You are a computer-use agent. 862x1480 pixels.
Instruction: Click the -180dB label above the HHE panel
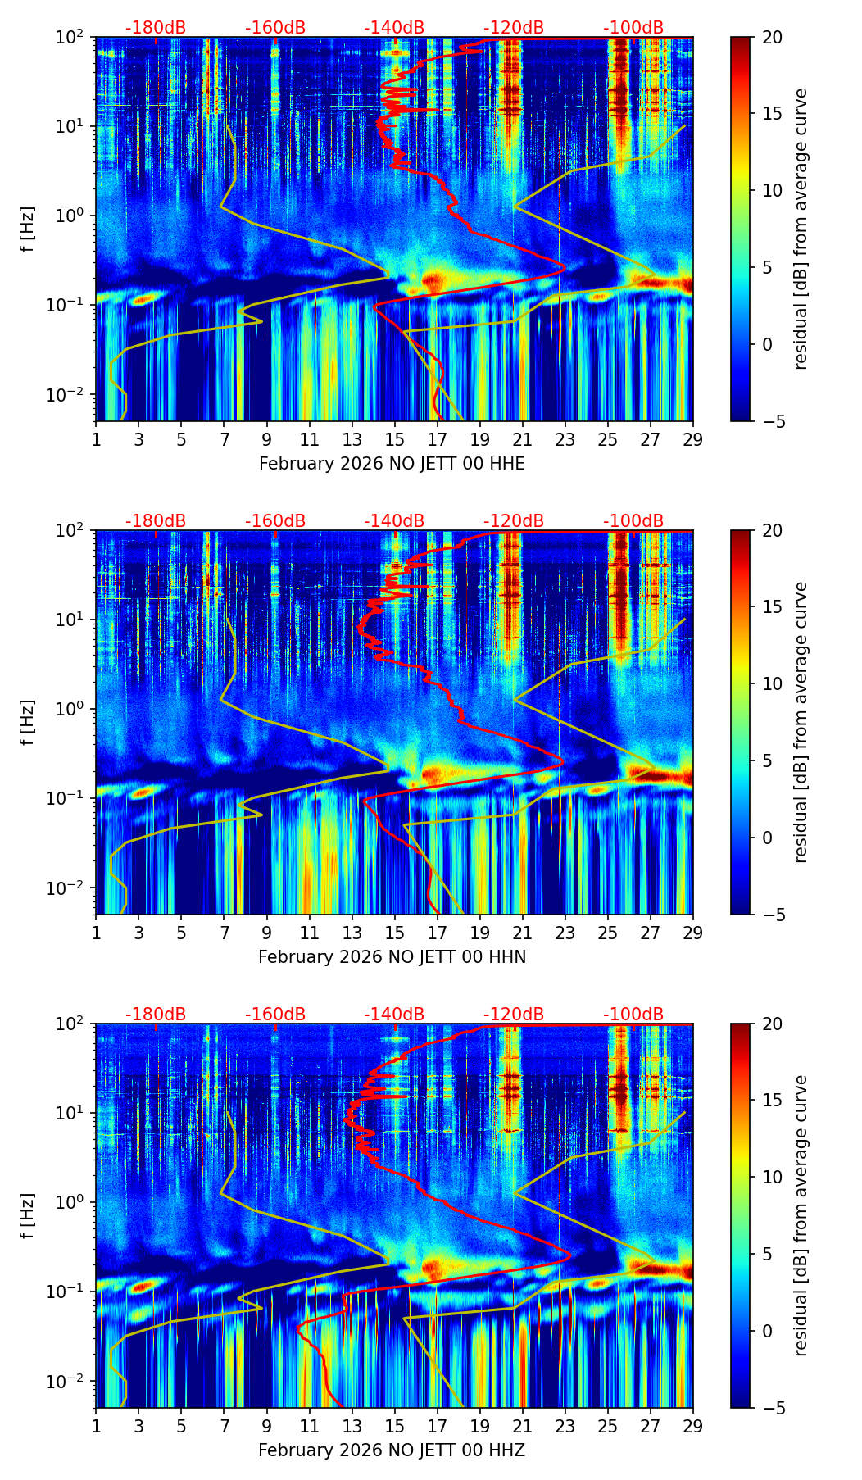tap(156, 28)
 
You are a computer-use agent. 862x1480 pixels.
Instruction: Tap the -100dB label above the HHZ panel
tap(633, 1015)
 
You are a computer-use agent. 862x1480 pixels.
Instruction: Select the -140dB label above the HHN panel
tap(394, 521)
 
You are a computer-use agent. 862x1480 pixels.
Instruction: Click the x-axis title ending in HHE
tap(392, 464)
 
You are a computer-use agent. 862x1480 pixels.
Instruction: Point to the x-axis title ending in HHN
tap(392, 957)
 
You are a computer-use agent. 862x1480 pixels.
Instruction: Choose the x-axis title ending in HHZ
tap(392, 1450)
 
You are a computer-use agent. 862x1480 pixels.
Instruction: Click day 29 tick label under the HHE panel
tap(693, 439)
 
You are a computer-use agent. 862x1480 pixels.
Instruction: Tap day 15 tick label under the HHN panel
tap(395, 933)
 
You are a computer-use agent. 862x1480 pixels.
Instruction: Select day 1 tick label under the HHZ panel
tap(96, 1426)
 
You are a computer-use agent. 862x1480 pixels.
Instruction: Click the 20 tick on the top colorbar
tap(772, 38)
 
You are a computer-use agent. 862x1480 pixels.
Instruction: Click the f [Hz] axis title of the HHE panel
tap(28, 229)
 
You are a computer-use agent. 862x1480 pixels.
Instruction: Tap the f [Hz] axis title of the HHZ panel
tap(28, 1216)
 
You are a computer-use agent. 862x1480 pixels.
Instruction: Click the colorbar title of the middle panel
tap(801, 722)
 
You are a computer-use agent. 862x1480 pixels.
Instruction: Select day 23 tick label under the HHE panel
tap(565, 439)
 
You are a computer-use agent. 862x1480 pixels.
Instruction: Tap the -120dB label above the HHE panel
tap(514, 28)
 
